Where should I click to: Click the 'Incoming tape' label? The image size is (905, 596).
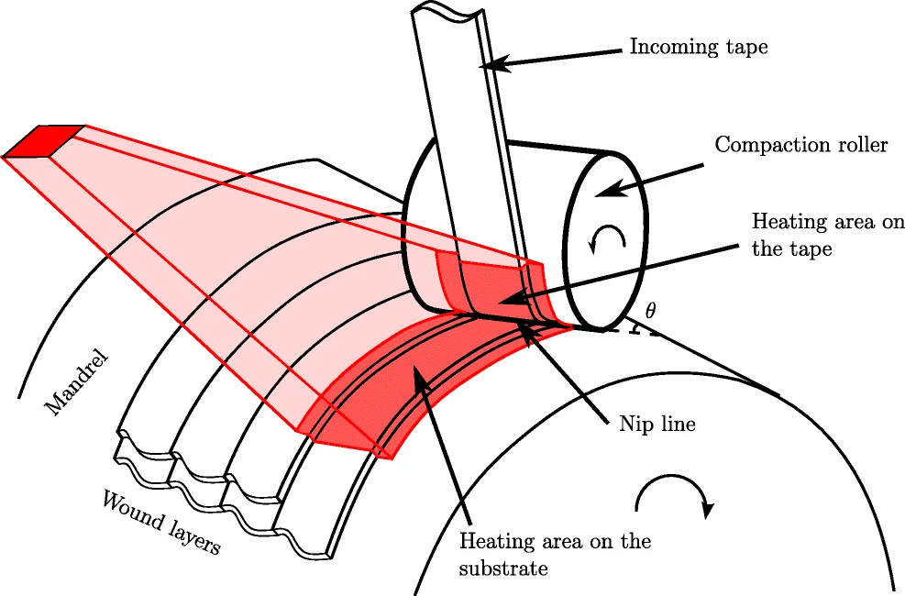[x=698, y=47]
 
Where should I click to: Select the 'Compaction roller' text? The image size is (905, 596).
[x=800, y=146]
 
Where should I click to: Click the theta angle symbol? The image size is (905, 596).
[x=650, y=312]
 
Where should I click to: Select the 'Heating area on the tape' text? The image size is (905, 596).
[x=827, y=235]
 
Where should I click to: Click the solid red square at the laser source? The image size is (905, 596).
[x=44, y=141]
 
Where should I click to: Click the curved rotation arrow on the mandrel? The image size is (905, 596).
[x=674, y=494]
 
